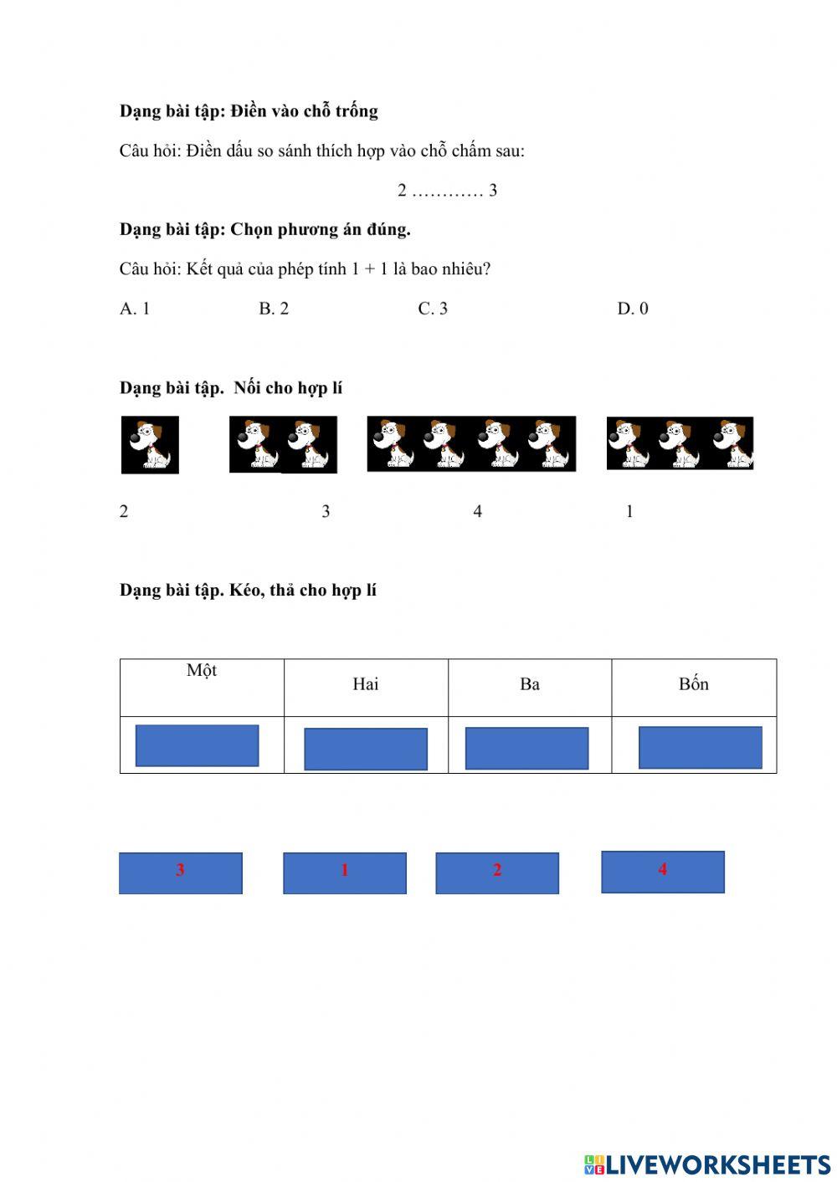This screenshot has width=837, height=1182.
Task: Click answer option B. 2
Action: coord(274,309)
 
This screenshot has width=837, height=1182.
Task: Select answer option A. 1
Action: coord(135,309)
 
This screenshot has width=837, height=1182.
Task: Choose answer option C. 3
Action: coord(433,309)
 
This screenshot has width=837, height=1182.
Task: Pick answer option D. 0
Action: coord(633,309)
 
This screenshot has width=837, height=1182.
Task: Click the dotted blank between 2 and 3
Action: coord(448,191)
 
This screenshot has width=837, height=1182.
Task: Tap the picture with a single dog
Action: coord(150,445)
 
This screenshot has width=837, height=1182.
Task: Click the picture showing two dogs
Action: coord(284,445)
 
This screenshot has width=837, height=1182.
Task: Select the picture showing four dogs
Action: coord(471,444)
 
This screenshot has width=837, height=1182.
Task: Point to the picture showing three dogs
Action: coord(680,443)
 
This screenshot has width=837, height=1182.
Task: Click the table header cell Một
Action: coord(202,687)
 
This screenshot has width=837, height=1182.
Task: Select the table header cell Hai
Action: coord(366,687)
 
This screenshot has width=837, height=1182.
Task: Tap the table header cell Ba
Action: coord(530,687)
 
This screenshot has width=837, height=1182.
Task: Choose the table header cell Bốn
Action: coord(694,687)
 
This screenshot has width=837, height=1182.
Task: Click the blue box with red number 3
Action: coord(181,873)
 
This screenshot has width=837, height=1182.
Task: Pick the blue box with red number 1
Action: coord(345,873)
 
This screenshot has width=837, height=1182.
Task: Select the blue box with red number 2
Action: coord(497,873)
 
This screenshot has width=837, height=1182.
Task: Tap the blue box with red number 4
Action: coord(663,872)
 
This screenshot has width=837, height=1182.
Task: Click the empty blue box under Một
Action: coord(198,745)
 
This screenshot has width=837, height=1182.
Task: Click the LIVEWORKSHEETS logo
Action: coord(707,1164)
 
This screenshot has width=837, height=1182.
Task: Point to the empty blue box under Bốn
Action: coord(701,747)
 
